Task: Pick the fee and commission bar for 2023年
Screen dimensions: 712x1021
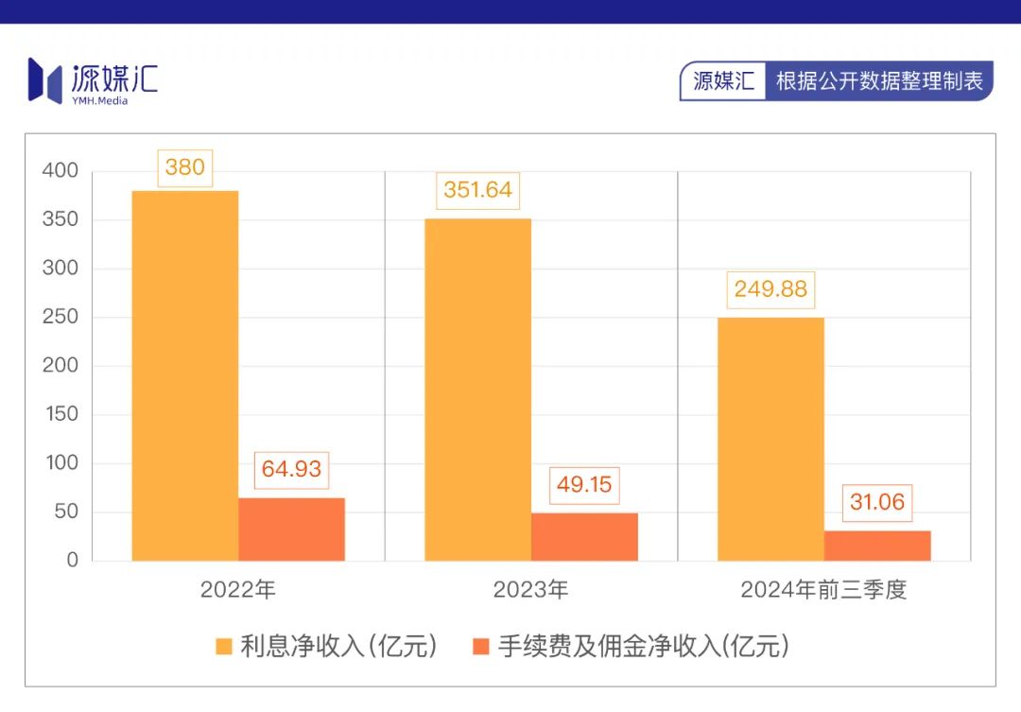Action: tap(584, 536)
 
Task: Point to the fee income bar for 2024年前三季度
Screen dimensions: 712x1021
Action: tap(877, 546)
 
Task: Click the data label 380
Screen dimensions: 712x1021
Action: tap(184, 167)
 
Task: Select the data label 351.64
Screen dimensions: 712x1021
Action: tap(477, 190)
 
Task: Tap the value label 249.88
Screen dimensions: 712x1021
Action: tap(770, 288)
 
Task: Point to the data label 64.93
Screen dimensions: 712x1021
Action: tap(291, 469)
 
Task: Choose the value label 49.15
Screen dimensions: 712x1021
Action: tap(584, 485)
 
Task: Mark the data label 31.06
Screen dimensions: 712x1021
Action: tap(877, 502)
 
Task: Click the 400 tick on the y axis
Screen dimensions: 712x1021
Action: tap(60, 171)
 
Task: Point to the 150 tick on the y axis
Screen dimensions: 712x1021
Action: tap(60, 414)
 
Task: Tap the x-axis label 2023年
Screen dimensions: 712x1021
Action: tap(530, 590)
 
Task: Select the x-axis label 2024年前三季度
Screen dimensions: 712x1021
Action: tap(823, 590)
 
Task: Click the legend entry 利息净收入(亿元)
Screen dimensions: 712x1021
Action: tap(327, 647)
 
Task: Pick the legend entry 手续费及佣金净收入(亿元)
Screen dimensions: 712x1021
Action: tap(631, 647)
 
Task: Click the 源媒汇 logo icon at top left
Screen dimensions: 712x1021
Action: tap(45, 79)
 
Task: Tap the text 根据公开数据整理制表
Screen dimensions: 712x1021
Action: tap(879, 81)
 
